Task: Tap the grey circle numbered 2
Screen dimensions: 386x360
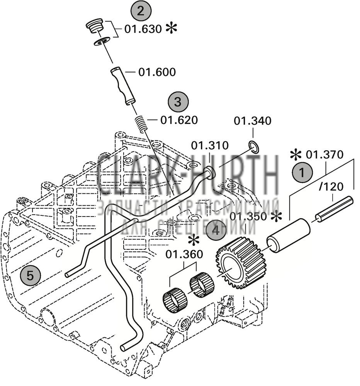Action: tap(141, 11)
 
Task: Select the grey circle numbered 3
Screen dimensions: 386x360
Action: tap(178, 102)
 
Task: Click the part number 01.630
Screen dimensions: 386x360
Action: tap(143, 29)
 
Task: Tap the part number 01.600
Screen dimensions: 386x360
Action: tap(156, 72)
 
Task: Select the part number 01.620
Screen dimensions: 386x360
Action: tap(178, 120)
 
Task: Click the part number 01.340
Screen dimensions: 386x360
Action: tap(253, 121)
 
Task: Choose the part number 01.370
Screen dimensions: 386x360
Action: tap(324, 155)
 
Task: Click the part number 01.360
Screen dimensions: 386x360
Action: tap(184, 254)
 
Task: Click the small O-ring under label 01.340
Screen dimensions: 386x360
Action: tap(253, 146)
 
